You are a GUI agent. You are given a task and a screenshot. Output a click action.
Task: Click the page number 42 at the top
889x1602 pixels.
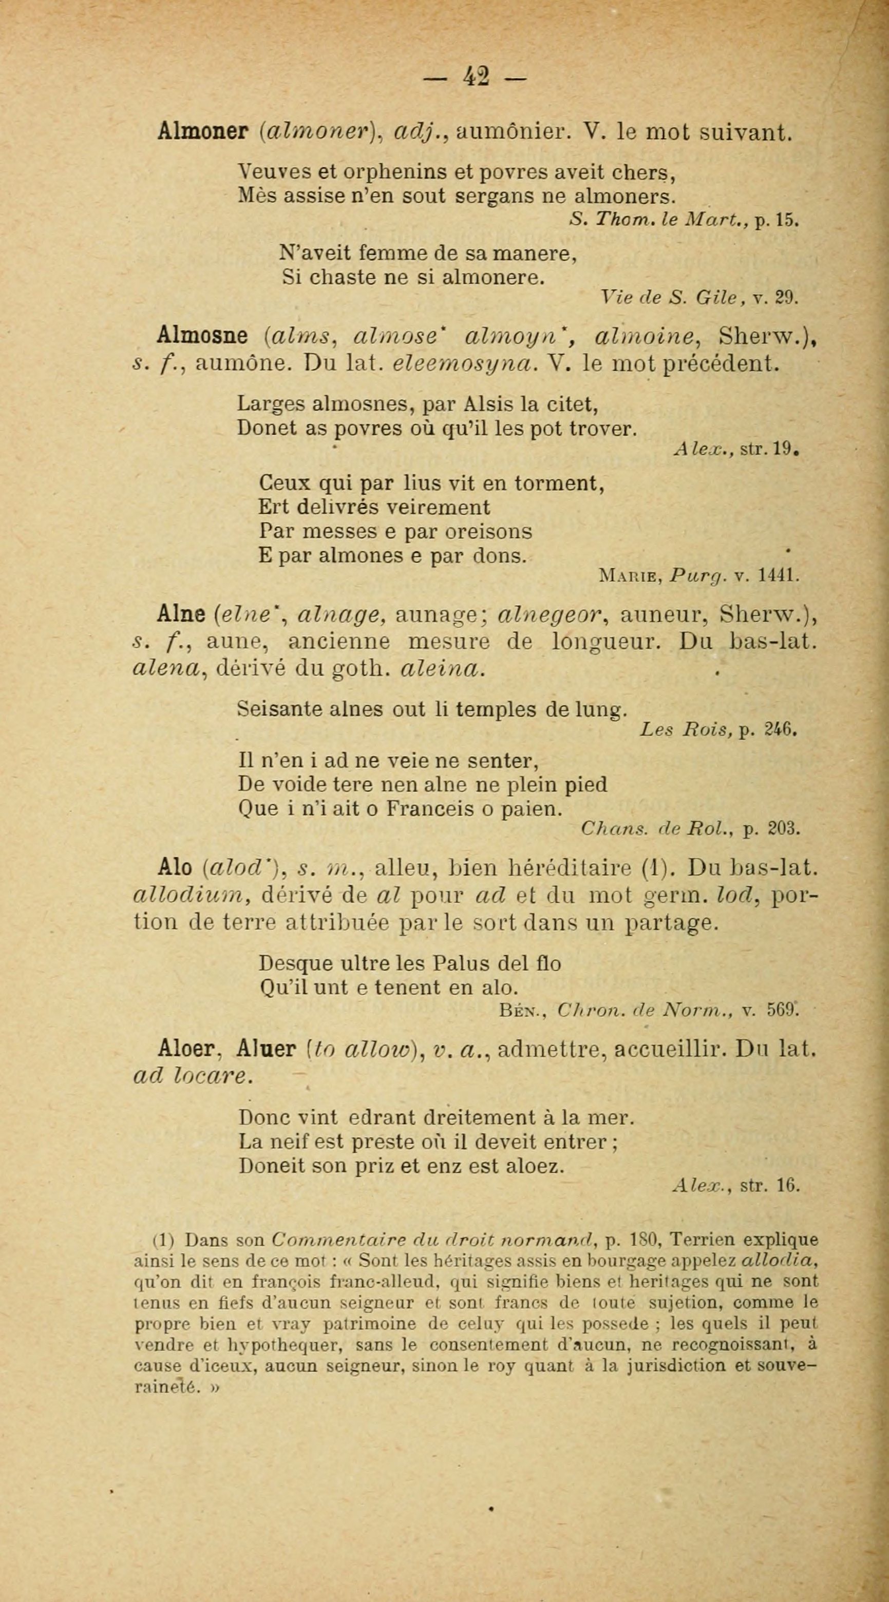pos(476,77)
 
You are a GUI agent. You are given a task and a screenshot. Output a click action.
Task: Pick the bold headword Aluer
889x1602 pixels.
pos(266,1049)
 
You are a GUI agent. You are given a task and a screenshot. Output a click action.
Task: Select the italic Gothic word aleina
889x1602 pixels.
pos(442,668)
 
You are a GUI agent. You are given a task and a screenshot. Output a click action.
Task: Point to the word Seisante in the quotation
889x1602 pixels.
pos(280,709)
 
